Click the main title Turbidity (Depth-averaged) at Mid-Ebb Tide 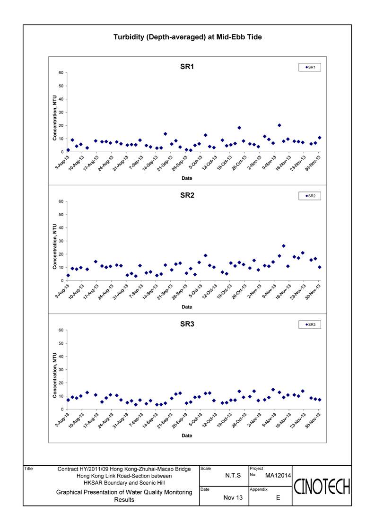click(187, 37)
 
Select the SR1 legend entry click(310, 67)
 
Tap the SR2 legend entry click(310, 196)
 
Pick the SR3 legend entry click(310, 324)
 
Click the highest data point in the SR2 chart click(284, 246)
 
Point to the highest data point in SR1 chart click(279, 125)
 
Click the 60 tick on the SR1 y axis click(61, 72)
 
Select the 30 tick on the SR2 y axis click(61, 241)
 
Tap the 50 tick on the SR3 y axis click(61, 343)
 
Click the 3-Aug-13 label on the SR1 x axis click(62, 162)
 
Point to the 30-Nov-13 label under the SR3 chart click(313, 420)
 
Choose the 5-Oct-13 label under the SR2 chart click(195, 291)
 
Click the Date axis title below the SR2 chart click(187, 307)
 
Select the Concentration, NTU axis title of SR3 click(54, 375)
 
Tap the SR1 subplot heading click(187, 67)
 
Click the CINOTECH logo click(322, 487)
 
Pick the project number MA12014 click(278, 476)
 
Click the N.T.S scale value click(233, 476)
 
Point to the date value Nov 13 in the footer click(233, 497)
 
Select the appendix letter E click(278, 497)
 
